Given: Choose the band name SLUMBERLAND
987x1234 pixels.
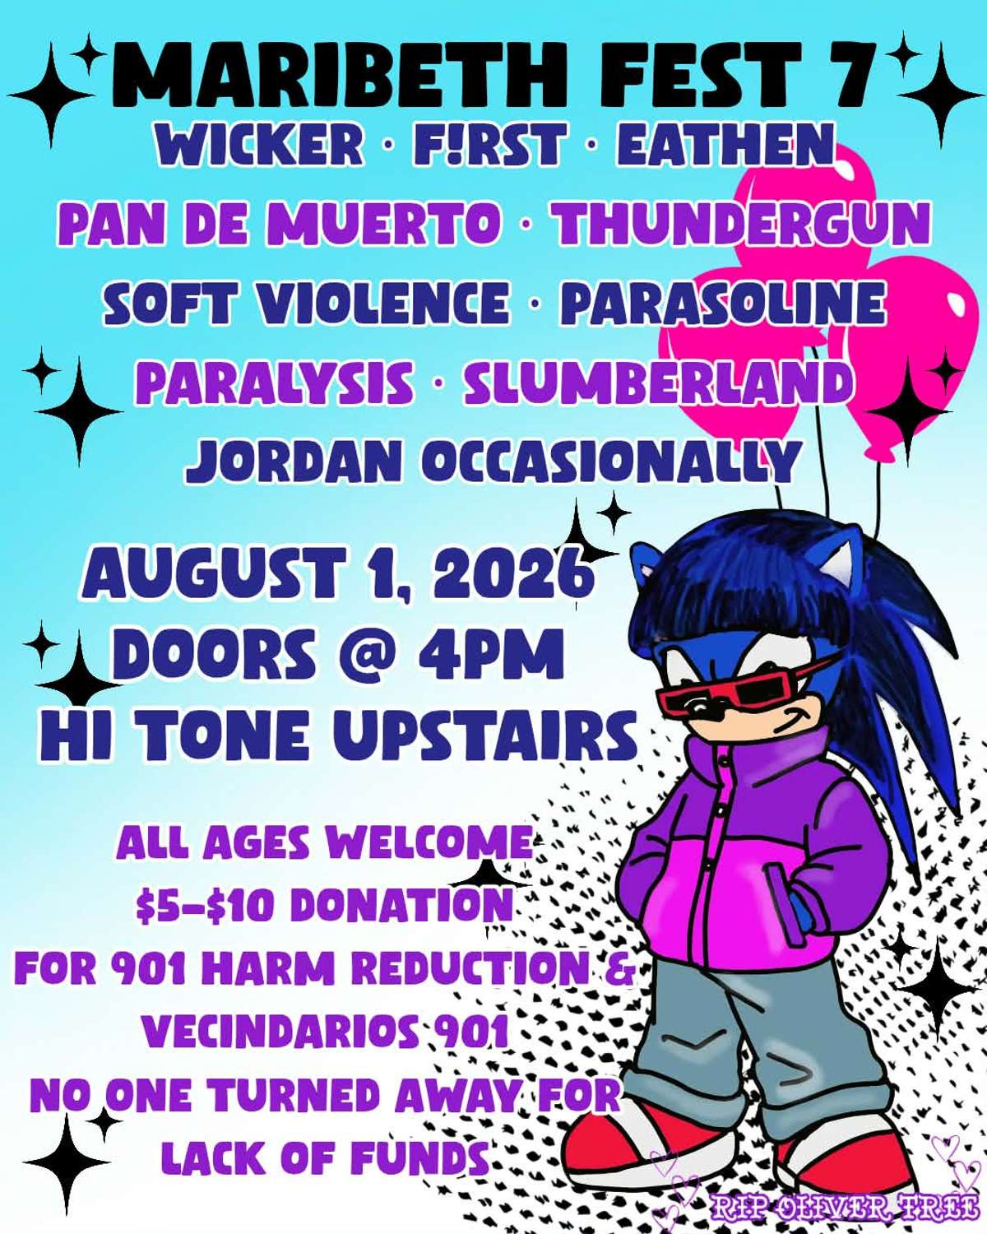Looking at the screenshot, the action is click(x=656, y=383).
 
